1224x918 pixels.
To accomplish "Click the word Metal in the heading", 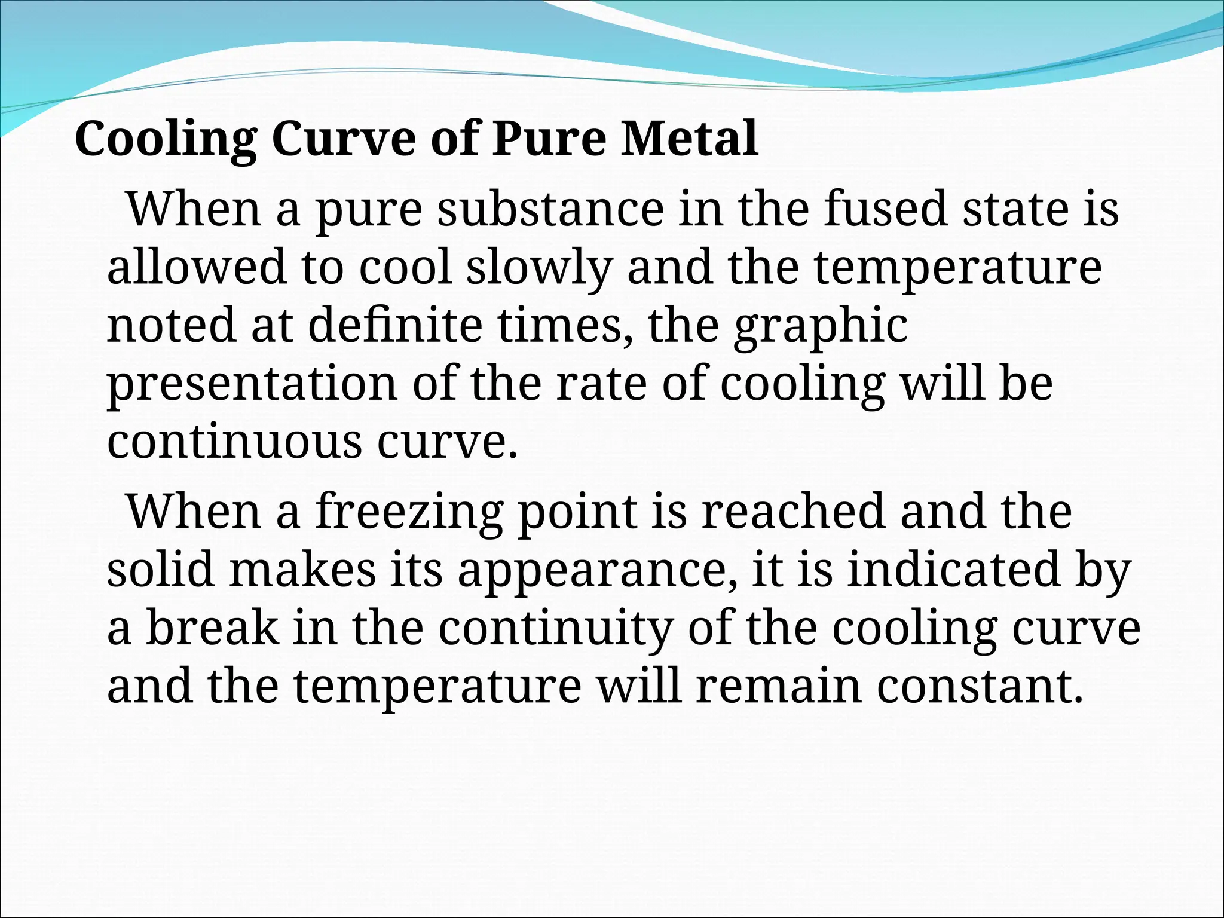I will pyautogui.click(x=689, y=139).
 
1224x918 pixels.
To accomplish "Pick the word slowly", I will pyautogui.click(x=540, y=269).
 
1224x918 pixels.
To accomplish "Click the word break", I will pyautogui.click(x=212, y=628).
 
